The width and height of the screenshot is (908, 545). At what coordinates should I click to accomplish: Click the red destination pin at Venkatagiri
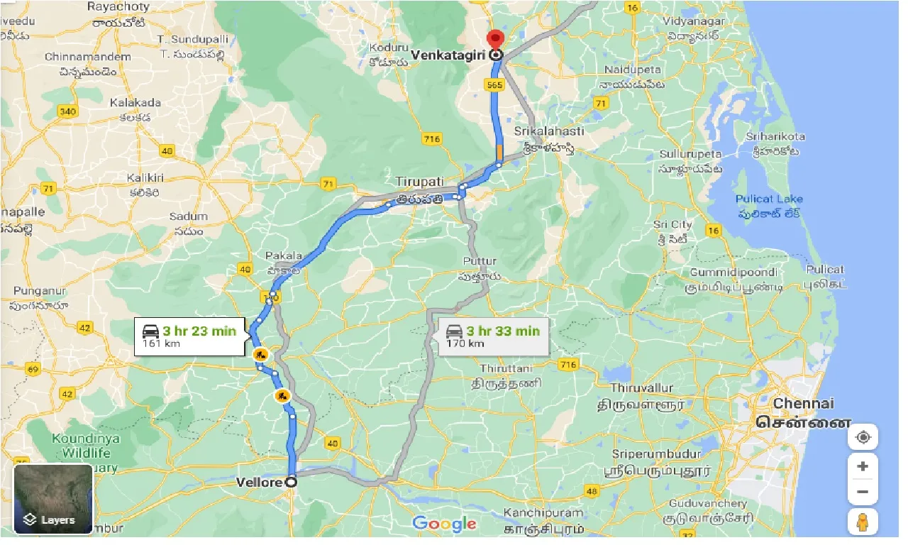coord(496,40)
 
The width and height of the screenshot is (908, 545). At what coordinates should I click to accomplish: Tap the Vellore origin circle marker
coord(291,482)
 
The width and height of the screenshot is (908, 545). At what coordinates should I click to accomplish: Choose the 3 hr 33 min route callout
coord(494,336)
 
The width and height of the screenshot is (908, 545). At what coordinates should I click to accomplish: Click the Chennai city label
coord(803,403)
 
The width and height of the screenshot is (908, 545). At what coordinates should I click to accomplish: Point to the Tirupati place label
coord(421,182)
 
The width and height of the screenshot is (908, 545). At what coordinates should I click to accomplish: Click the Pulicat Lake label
coord(769,199)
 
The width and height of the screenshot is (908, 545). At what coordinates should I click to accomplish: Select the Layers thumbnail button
coord(53,499)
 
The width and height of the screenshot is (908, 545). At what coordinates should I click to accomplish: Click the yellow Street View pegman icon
coord(863,522)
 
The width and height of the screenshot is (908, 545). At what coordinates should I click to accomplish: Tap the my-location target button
coord(863,437)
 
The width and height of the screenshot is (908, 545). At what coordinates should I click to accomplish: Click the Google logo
coord(444,524)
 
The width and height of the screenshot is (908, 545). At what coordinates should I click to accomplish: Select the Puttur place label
coord(479,261)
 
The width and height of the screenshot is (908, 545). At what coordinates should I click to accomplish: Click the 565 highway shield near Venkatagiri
coord(495,84)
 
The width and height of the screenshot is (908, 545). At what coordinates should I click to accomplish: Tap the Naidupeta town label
coord(633,70)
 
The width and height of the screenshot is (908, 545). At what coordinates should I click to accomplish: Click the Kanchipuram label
coord(543,512)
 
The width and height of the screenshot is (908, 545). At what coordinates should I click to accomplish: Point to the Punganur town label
coord(40,292)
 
